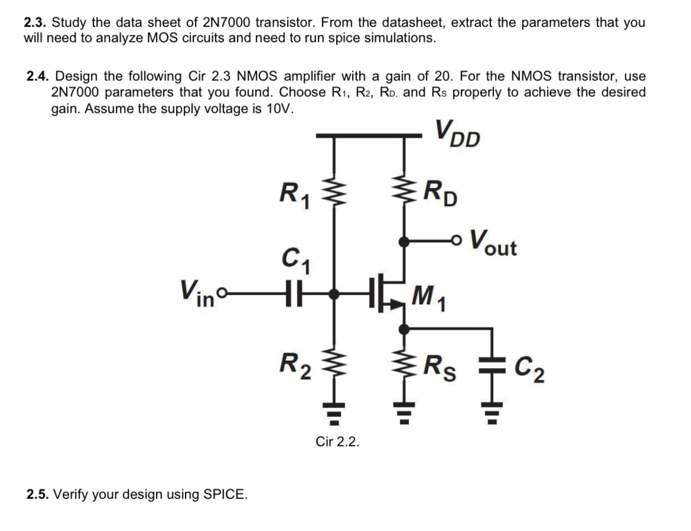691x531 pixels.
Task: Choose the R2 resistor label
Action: click(295, 360)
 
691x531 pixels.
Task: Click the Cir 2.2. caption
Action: click(337, 442)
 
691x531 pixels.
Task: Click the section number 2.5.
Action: click(39, 494)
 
